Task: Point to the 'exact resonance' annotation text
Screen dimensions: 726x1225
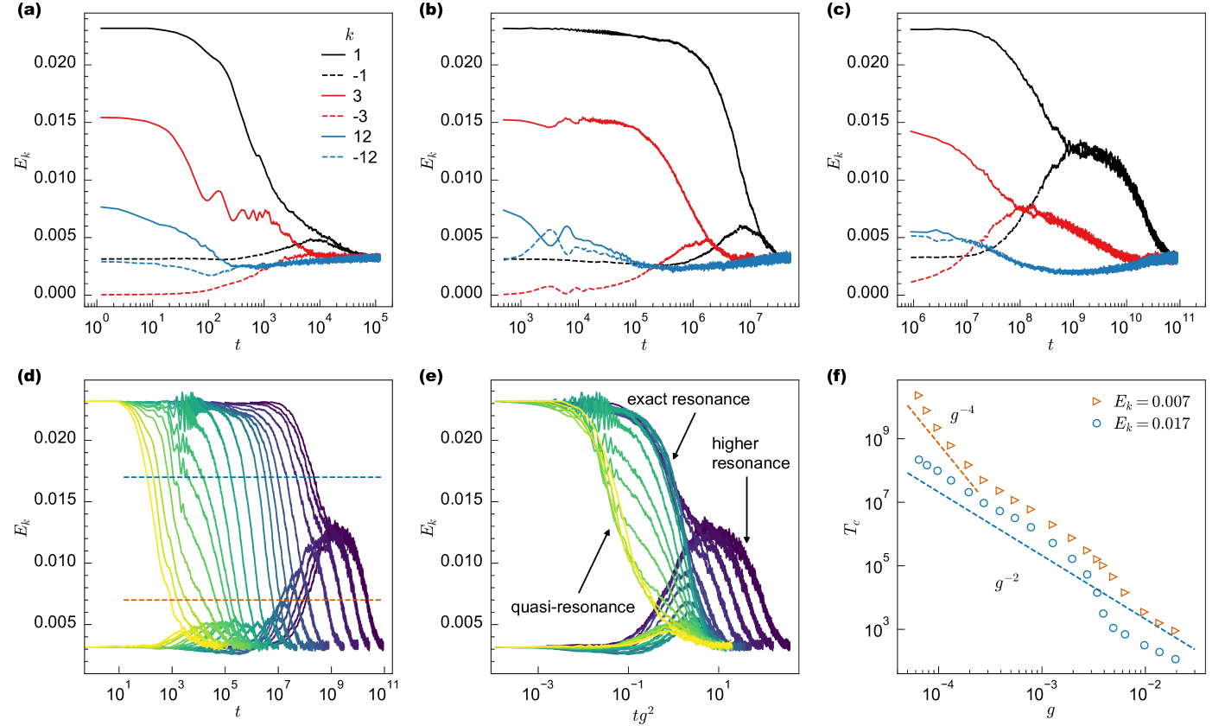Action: pyautogui.click(x=689, y=400)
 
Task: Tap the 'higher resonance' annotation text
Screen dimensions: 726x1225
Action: pyautogui.click(x=750, y=453)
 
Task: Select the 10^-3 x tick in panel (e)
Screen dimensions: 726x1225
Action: pyautogui.click(x=538, y=696)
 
